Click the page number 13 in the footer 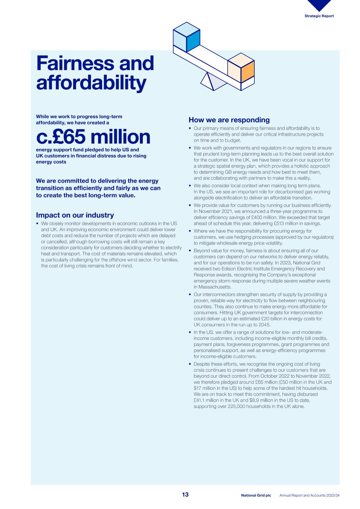(x=185, y=495)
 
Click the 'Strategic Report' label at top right (x=319, y=16)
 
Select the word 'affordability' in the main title (x=91, y=83)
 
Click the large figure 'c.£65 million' (x=93, y=137)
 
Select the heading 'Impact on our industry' (x=75, y=215)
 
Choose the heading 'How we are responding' (x=229, y=120)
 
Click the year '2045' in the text (x=263, y=325)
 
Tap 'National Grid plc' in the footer (x=256, y=496)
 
